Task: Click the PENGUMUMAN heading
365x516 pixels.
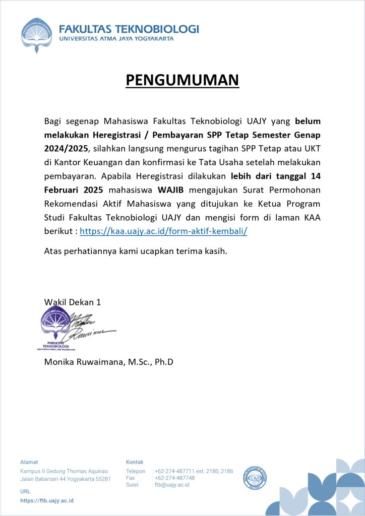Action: click(x=182, y=80)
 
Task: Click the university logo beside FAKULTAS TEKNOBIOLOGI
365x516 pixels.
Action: click(x=36, y=34)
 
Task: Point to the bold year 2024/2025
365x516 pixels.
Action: click(x=66, y=149)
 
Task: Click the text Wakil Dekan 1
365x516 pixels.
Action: click(x=73, y=302)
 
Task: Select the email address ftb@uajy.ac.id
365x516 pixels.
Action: click(x=172, y=485)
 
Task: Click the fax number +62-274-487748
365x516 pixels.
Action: click(x=175, y=478)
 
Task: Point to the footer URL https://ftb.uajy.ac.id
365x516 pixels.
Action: click(x=47, y=500)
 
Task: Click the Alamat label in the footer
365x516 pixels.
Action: click(x=29, y=462)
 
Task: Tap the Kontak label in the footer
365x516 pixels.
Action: click(x=135, y=462)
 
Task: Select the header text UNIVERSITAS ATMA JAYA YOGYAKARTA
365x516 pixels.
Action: click(x=116, y=38)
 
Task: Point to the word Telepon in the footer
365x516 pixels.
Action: click(x=136, y=471)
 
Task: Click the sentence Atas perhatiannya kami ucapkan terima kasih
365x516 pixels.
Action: click(x=136, y=250)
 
